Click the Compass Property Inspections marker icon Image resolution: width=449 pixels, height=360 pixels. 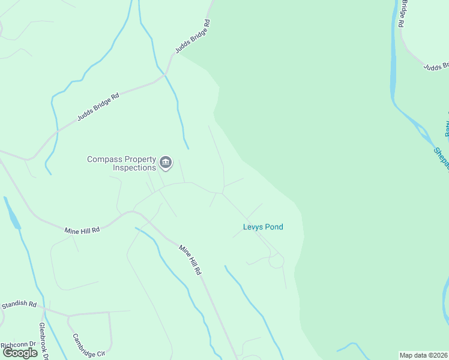(x=166, y=162)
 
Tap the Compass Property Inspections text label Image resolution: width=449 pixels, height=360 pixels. (x=122, y=163)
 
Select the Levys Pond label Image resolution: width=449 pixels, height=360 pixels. (x=263, y=227)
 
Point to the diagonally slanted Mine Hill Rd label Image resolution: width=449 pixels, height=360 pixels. (x=189, y=259)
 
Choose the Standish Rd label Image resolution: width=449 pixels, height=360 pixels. (x=19, y=305)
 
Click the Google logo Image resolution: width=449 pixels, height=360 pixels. (x=20, y=353)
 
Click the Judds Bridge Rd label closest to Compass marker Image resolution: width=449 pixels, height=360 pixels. (x=98, y=107)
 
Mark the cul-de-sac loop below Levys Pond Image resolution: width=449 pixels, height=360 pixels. (x=276, y=262)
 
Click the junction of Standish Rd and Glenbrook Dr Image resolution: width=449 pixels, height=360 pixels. (x=43, y=308)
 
